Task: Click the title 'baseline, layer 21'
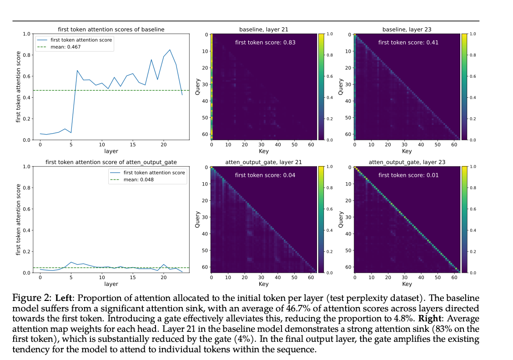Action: [264, 30]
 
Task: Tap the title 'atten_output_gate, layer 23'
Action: [407, 162]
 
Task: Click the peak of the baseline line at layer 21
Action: [170, 50]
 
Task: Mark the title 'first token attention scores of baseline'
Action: [111, 30]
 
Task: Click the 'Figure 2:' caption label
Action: [32, 298]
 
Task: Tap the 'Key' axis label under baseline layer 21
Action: [264, 151]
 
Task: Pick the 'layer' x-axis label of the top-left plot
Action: [111, 151]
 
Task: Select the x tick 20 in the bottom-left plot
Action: [164, 277]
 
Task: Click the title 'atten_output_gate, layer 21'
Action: [264, 162]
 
